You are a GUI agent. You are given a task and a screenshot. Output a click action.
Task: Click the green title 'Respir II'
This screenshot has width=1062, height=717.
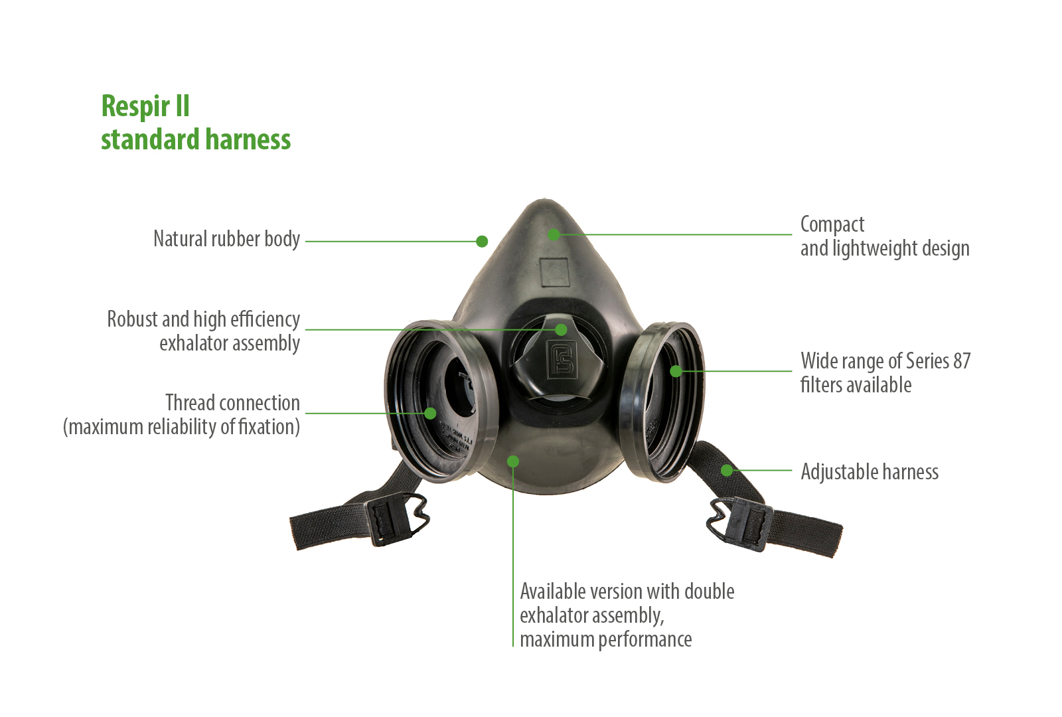tap(145, 106)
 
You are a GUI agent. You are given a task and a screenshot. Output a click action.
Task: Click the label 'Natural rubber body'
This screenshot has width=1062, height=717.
tap(226, 238)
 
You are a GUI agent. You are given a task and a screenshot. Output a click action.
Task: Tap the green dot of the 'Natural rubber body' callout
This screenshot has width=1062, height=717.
tap(482, 242)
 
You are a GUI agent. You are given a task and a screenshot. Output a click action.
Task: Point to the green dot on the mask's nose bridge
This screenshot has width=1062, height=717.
tap(554, 234)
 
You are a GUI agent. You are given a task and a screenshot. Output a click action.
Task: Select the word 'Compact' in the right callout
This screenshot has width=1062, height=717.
tap(832, 225)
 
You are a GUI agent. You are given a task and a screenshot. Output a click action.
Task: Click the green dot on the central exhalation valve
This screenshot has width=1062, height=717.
tap(561, 329)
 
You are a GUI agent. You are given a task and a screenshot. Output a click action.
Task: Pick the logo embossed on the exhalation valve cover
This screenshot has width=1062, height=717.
tap(562, 359)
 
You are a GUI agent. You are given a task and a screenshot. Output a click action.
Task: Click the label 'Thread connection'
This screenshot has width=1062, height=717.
tap(232, 403)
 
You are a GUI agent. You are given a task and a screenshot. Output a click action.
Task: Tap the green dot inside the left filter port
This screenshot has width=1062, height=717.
tap(430, 413)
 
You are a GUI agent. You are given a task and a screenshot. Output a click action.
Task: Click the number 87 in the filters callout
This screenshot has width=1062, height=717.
tap(962, 361)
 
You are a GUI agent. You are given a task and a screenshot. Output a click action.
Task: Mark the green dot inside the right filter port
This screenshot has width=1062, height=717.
tap(676, 371)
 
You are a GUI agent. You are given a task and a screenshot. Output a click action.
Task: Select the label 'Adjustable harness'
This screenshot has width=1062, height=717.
tap(870, 472)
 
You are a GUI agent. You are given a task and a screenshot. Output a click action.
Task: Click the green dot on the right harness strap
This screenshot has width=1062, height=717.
tap(726, 471)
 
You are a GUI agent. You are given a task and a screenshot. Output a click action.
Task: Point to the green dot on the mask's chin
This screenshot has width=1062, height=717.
tap(513, 461)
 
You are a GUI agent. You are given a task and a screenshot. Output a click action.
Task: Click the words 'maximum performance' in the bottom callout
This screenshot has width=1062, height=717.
tap(605, 640)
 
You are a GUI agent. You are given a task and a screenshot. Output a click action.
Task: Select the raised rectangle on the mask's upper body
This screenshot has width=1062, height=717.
tap(554, 273)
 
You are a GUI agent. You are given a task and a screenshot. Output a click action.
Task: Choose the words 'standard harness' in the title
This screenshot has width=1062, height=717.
tap(196, 139)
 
